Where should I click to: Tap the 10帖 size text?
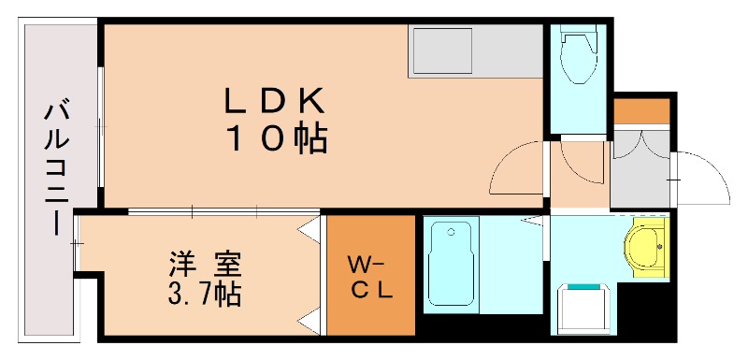273,137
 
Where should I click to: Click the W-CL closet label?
369,276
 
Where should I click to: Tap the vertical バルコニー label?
53,168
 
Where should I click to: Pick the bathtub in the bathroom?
452,265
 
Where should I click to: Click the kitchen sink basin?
435,51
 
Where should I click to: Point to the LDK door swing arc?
516,167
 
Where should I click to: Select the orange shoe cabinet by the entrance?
641,109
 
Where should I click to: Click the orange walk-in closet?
370,275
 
